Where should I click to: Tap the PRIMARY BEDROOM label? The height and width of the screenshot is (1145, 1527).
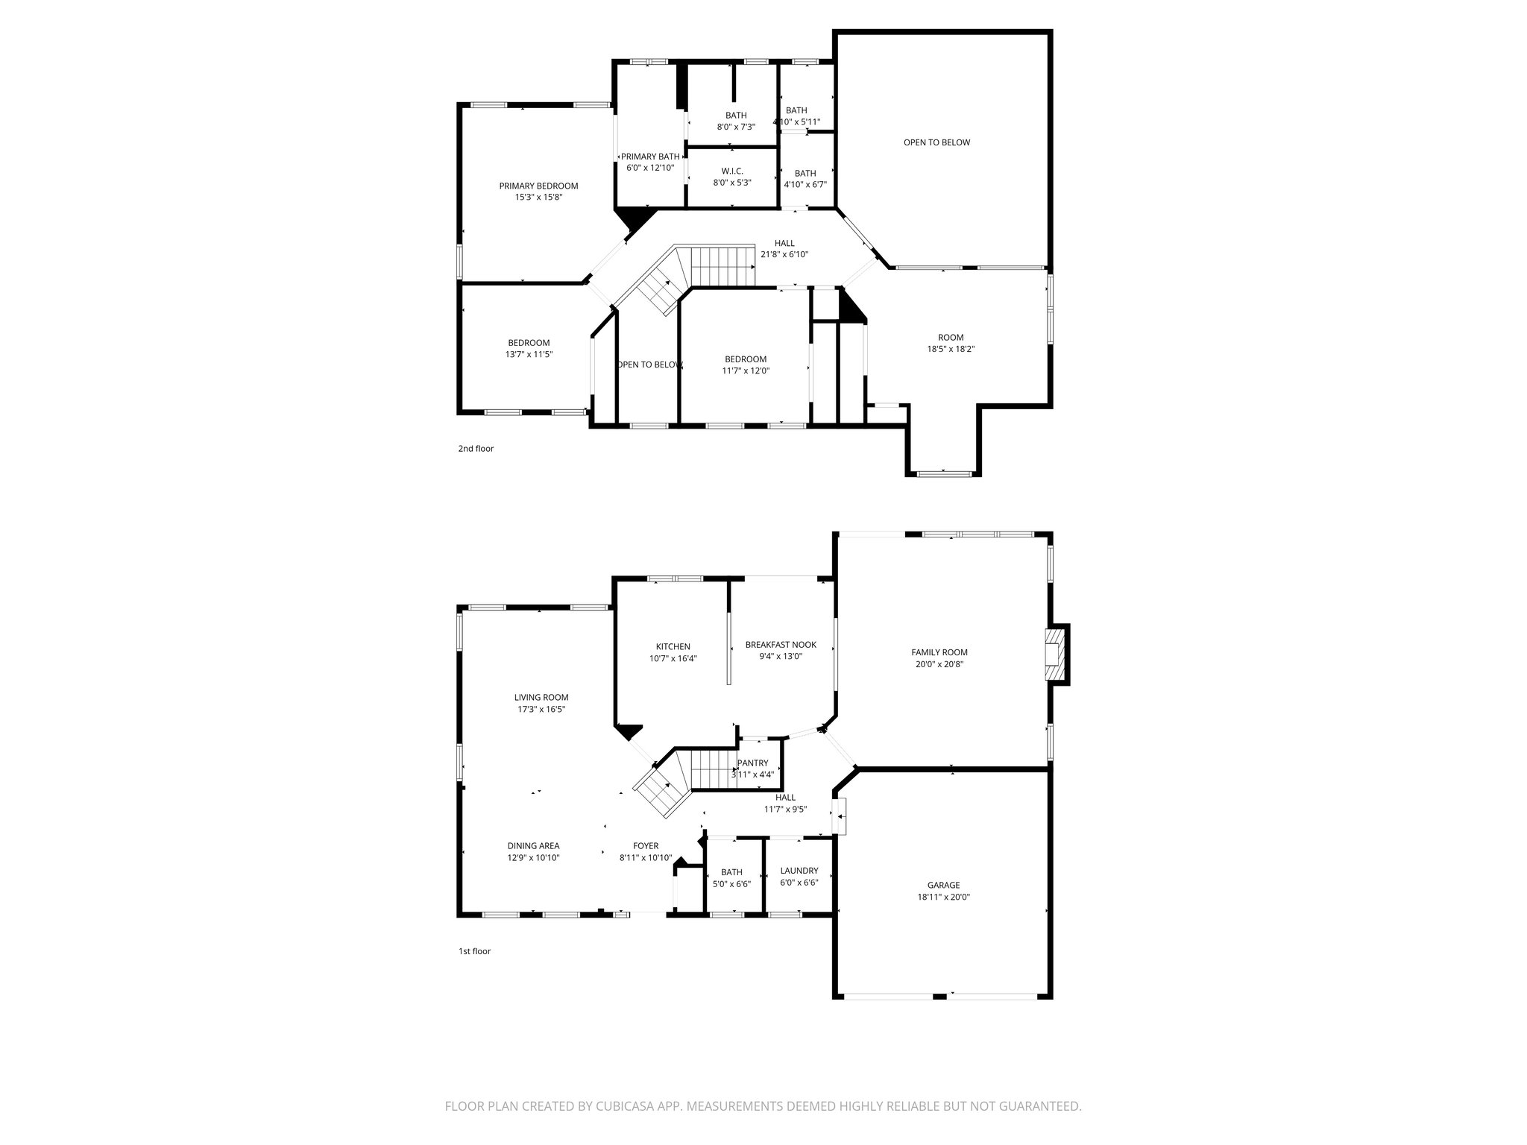click(x=538, y=186)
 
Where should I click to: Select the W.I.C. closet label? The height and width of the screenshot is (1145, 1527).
click(x=732, y=171)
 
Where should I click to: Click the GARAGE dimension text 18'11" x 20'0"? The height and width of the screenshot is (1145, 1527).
click(x=943, y=898)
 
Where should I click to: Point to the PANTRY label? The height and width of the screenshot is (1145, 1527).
click(x=752, y=763)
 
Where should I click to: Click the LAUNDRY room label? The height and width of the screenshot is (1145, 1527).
click(x=799, y=871)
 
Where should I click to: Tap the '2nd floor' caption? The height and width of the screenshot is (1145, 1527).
click(x=476, y=449)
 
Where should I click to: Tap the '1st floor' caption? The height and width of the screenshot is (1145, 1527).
click(x=474, y=951)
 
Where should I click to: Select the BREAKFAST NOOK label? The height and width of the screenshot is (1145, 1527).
click(x=781, y=645)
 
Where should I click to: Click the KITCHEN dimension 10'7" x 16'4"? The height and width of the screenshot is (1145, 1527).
click(x=673, y=658)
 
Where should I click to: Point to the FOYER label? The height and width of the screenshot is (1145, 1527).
click(x=646, y=846)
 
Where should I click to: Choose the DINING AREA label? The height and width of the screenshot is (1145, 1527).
click(x=533, y=846)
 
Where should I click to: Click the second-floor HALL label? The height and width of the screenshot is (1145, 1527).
click(x=784, y=243)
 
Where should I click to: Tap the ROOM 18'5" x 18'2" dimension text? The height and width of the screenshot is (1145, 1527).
click(x=951, y=349)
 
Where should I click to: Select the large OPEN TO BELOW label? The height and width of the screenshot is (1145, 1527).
click(x=936, y=142)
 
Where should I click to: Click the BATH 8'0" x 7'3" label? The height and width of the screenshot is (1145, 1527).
click(x=736, y=116)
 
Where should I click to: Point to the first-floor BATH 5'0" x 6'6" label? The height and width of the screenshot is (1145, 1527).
click(x=731, y=872)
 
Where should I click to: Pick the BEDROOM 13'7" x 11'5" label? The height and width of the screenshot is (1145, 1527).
click(x=529, y=343)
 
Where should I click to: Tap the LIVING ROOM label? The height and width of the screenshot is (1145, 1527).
click(x=541, y=698)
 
